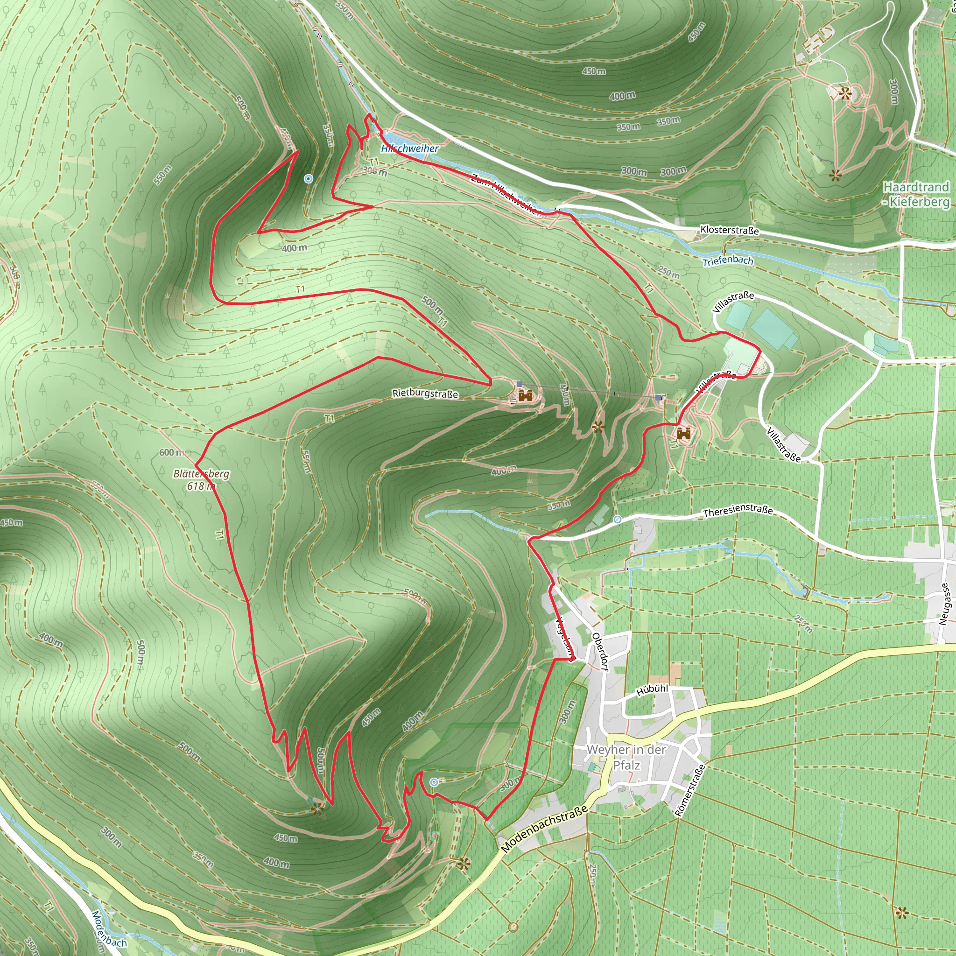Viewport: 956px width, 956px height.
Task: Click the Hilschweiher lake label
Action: coord(410,148)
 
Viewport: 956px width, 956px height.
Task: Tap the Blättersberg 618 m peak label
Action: coord(201,479)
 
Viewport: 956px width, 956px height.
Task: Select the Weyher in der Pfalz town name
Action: coord(626,757)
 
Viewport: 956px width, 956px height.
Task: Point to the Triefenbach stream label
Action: coord(727,261)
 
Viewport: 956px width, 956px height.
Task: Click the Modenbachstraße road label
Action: coord(544,829)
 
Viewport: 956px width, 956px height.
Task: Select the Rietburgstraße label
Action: coord(425,394)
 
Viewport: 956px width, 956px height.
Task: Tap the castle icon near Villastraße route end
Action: coord(684,434)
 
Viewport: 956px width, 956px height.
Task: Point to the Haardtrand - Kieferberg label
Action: coord(916,194)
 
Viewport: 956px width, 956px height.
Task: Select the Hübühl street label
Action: coord(652,690)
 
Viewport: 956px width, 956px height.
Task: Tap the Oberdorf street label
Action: coord(599,652)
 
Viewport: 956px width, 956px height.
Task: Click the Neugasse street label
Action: coord(944,604)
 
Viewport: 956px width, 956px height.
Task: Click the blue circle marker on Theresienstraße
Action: coord(617,519)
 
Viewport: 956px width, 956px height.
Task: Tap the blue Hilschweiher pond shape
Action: coord(396,139)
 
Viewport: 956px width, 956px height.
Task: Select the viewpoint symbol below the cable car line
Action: coord(598,427)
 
